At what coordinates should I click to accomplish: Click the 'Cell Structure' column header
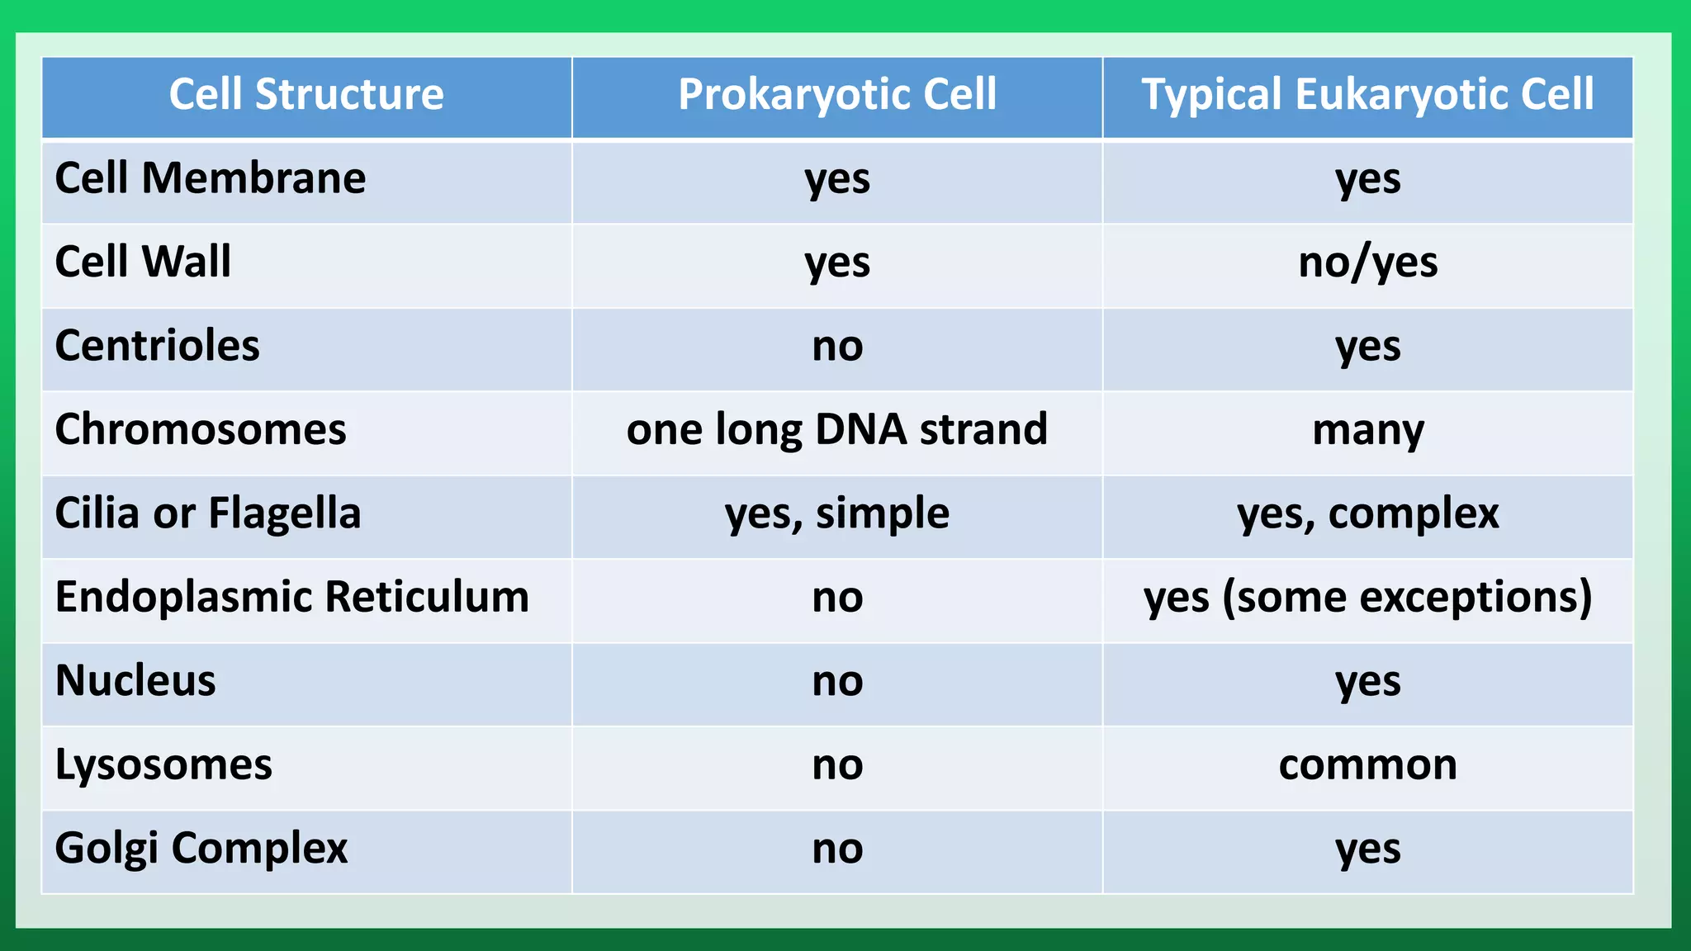(306, 94)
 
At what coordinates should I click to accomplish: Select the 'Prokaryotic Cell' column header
(837, 94)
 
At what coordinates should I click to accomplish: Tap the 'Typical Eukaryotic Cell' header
(1367, 94)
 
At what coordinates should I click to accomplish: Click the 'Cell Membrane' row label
(210, 178)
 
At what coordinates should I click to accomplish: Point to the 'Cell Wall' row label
(143, 262)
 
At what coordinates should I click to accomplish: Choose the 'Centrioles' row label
(157, 346)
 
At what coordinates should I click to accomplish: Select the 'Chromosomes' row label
(201, 429)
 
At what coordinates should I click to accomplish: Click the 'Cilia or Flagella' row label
(208, 513)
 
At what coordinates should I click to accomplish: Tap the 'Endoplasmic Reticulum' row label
(291, 597)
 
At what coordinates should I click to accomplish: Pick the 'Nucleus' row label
(135, 681)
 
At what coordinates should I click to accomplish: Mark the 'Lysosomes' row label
(163, 764)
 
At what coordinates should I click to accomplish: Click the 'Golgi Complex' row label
(201, 849)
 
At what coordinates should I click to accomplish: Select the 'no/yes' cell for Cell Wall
(1368, 263)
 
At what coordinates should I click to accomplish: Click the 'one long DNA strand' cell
(837, 429)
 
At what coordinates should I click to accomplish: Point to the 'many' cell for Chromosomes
(1368, 431)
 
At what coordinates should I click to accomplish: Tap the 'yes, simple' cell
(837, 513)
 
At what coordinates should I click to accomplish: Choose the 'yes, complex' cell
(1368, 513)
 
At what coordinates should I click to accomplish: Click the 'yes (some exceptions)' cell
(1368, 597)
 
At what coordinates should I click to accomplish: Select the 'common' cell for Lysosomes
(1368, 764)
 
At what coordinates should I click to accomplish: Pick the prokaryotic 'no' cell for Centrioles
(837, 346)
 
